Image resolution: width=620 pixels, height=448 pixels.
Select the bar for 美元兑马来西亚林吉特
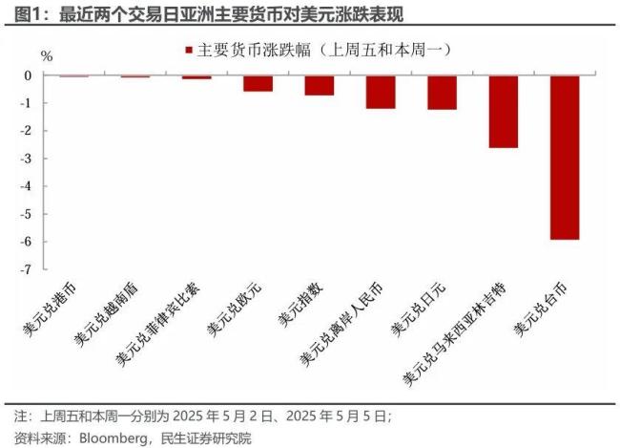coord(503,112)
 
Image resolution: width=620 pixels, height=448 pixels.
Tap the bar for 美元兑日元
coord(442,93)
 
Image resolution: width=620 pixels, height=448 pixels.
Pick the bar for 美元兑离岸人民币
coord(381,92)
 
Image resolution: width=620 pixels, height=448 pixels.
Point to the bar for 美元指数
coord(320,85)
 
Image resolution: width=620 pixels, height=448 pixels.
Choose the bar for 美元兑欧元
coord(258,83)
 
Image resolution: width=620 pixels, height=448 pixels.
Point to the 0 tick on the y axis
coord(28,75)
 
